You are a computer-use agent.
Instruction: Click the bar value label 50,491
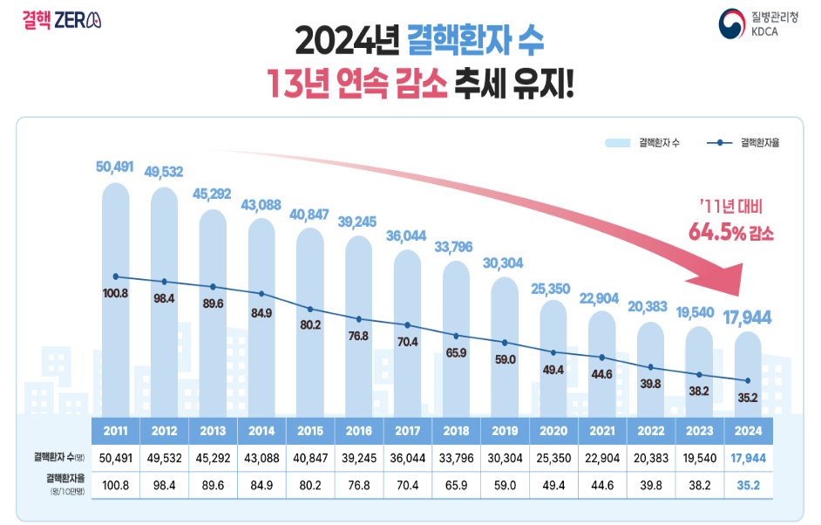115,166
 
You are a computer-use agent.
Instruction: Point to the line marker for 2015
310,310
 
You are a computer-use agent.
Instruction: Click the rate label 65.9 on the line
457,353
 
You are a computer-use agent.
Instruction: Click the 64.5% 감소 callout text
730,234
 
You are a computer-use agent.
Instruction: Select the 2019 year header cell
505,431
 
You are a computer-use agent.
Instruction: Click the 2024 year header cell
749,431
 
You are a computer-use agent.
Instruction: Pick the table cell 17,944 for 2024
749,457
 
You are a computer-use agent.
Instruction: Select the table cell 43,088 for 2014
261,457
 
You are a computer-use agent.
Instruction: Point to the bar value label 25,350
554,289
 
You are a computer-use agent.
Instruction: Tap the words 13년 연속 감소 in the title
358,83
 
